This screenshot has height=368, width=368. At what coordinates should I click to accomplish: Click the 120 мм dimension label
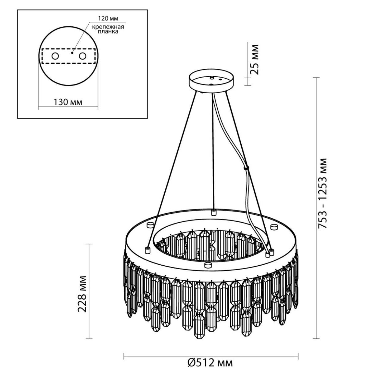(108, 18)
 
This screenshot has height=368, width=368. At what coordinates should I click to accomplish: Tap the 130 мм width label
(68, 102)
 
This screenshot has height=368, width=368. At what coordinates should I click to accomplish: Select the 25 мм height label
(254, 59)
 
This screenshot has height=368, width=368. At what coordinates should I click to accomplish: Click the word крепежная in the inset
(108, 27)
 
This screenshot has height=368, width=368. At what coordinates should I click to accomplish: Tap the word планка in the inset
(108, 32)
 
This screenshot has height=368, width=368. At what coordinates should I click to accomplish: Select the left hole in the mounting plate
(55, 56)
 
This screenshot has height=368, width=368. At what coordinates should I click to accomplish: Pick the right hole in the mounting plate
(83, 56)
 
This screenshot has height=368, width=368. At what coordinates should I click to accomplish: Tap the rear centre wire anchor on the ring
(214, 212)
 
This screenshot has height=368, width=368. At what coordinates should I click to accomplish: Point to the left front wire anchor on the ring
(148, 250)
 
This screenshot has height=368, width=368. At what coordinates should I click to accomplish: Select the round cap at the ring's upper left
(150, 225)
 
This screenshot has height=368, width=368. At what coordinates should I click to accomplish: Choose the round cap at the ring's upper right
(274, 227)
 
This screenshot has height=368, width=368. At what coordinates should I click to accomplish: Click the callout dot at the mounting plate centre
(72, 52)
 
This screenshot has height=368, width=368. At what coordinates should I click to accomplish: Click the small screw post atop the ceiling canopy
(211, 78)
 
